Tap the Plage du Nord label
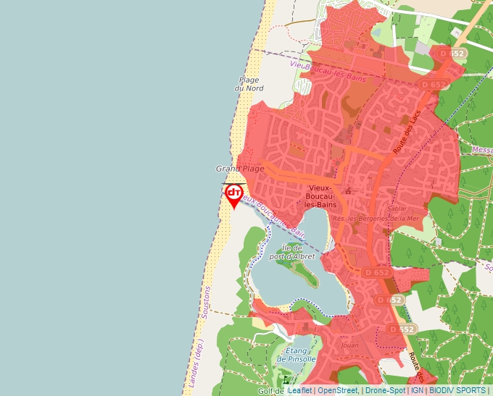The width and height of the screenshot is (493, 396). pyautogui.click(x=249, y=84)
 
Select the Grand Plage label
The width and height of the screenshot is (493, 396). pyautogui.click(x=240, y=169)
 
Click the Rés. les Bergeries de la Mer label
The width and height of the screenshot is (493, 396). pyautogui.click(x=376, y=218)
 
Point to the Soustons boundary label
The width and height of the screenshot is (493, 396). pyautogui.click(x=205, y=303)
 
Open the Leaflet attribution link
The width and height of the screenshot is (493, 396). pyautogui.click(x=300, y=390)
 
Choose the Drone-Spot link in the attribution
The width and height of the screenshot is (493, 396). pyautogui.click(x=385, y=390)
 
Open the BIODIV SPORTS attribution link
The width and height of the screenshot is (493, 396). pyautogui.click(x=458, y=390)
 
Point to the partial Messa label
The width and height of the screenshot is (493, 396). pyautogui.click(x=481, y=150)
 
